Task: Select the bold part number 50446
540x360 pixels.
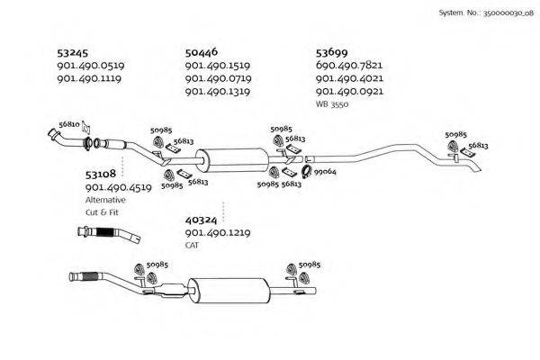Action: point(202,53)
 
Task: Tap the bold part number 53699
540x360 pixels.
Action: point(333,53)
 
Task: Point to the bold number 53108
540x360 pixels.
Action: point(100,175)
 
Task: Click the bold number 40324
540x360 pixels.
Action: point(201,220)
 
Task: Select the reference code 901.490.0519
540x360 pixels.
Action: point(90,66)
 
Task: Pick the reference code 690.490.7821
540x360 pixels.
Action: point(349,66)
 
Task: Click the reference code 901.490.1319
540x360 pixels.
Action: point(217,92)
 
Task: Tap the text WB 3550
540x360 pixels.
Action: point(332,104)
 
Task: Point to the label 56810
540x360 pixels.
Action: point(69,124)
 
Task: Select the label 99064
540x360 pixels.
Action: point(325,171)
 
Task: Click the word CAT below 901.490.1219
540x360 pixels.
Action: point(192,245)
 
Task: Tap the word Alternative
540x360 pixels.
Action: point(106,200)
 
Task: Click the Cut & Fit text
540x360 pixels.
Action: point(102,212)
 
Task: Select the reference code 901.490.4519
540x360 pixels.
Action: point(117,187)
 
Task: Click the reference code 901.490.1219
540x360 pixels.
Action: point(217,232)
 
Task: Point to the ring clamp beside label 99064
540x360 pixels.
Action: point(305,172)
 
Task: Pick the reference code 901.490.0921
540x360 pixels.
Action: point(349,92)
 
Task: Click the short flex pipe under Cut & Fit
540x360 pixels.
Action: point(108,236)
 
